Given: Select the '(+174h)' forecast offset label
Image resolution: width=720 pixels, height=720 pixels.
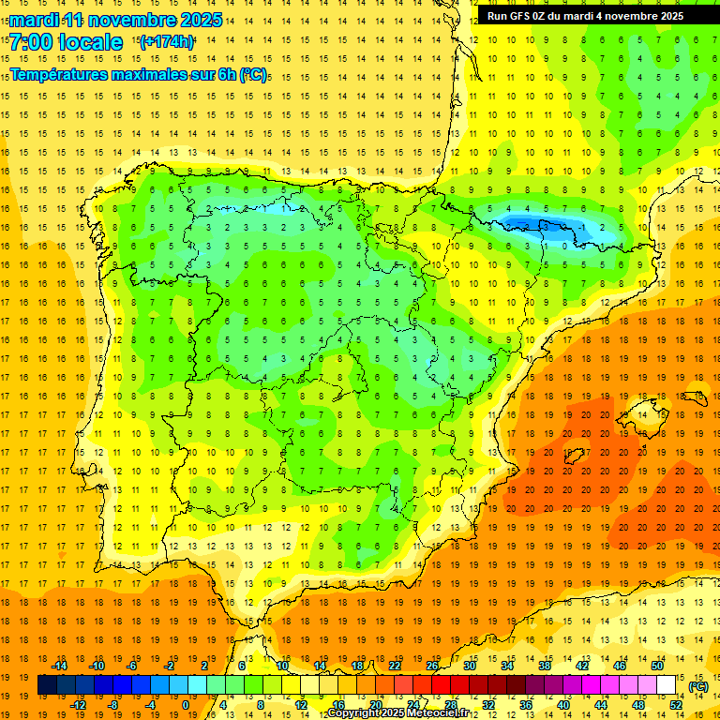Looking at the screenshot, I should (166, 42).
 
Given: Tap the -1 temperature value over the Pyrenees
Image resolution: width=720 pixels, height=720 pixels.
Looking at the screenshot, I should (582, 227).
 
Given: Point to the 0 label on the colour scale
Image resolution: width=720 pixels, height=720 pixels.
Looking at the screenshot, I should (185, 704).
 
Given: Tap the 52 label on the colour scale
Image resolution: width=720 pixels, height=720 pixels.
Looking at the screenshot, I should (676, 704).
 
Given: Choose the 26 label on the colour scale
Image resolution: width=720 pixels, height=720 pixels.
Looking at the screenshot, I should (431, 666).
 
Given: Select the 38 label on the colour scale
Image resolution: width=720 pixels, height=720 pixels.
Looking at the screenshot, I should (544, 666).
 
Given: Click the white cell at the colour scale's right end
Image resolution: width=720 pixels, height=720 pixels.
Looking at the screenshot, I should (667, 685).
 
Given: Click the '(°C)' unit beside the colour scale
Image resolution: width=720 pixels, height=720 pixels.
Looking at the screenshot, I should (697, 685).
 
